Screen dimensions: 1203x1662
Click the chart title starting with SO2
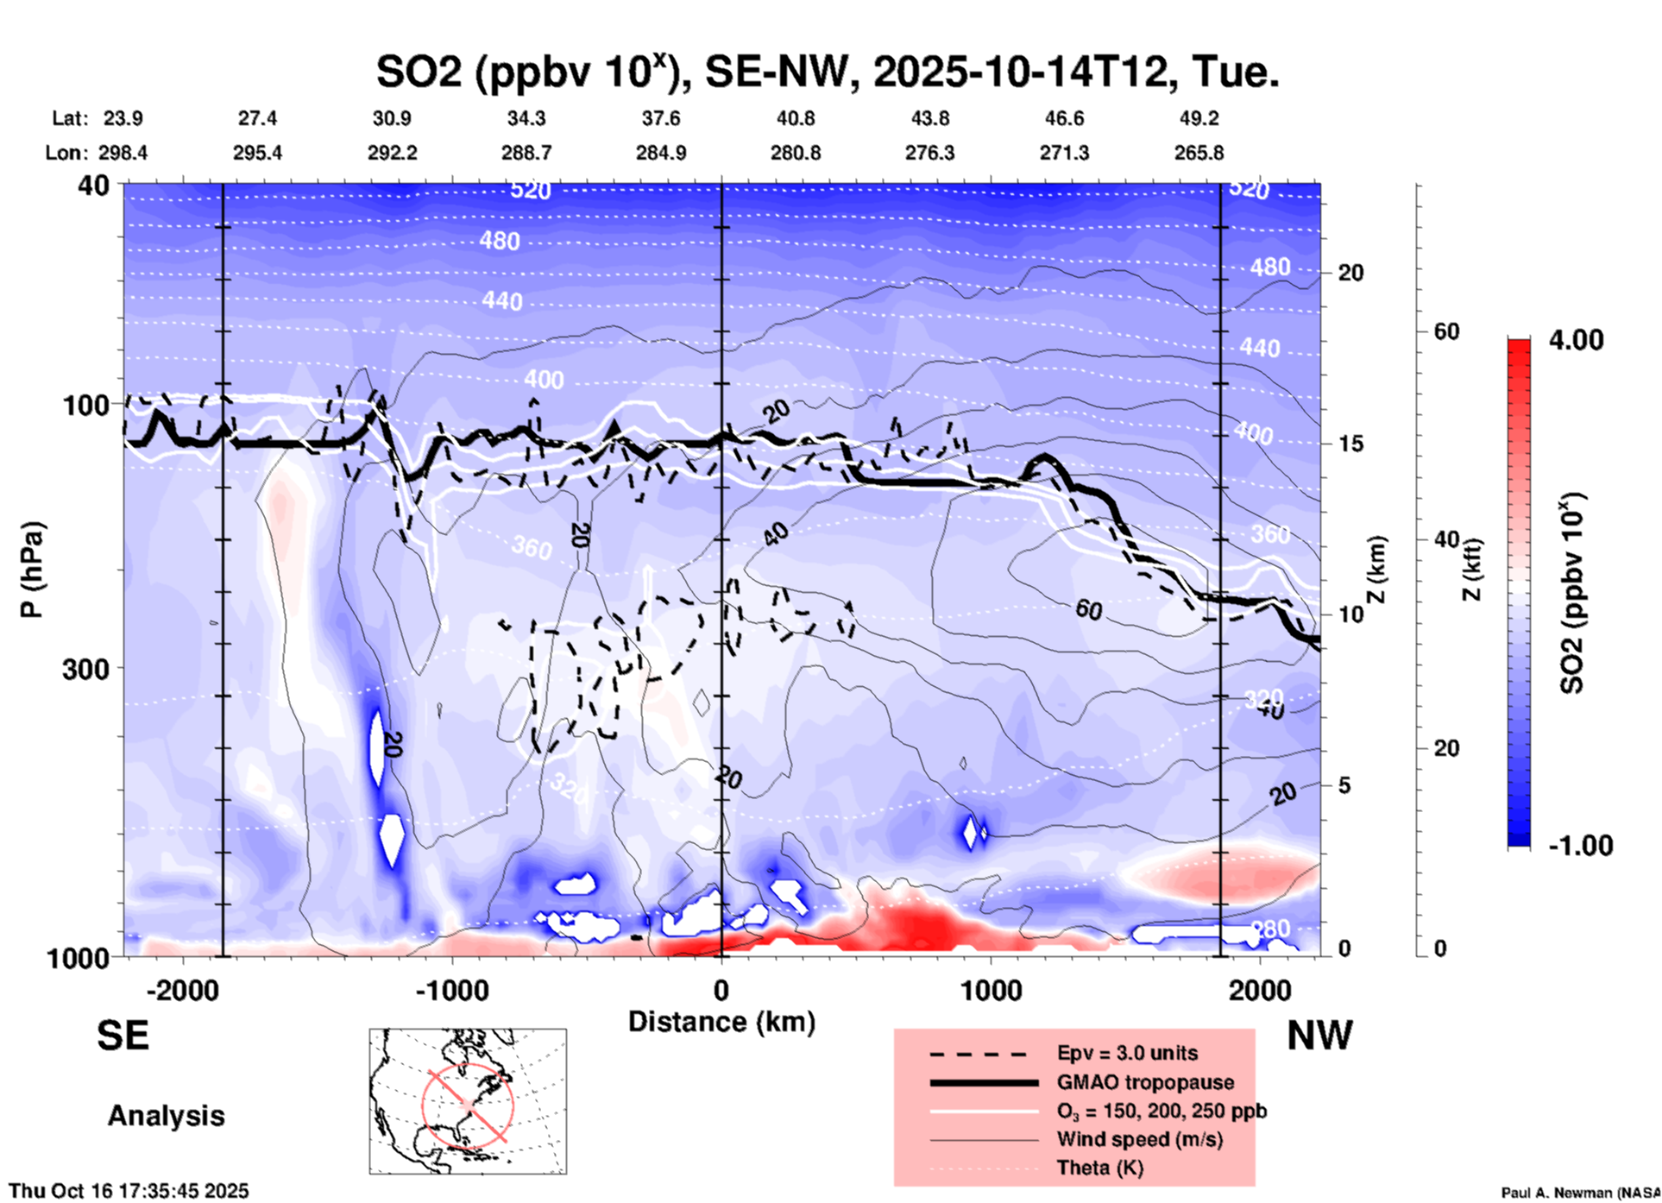(x=827, y=72)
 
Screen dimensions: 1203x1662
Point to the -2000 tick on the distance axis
(x=183, y=991)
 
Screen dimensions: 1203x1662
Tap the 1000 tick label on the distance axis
(x=991, y=991)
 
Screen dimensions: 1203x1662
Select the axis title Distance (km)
(x=721, y=1022)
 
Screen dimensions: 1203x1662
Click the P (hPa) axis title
(x=32, y=570)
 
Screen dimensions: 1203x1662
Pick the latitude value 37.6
(x=660, y=118)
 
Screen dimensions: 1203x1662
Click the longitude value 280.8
(x=795, y=153)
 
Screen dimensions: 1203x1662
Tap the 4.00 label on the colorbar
(x=1576, y=340)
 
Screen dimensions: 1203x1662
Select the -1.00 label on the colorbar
(x=1580, y=846)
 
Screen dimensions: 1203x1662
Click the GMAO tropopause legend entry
(x=1144, y=1082)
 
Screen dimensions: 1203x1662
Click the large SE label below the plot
(x=123, y=1036)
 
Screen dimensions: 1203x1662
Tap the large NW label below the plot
(x=1319, y=1036)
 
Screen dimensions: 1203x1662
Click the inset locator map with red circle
(x=468, y=1101)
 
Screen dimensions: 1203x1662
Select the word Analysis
(x=166, y=1116)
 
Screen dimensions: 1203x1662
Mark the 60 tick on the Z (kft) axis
(x=1446, y=331)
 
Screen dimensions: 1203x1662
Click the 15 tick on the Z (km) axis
(x=1350, y=444)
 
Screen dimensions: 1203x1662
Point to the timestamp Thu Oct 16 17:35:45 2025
(x=129, y=1191)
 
